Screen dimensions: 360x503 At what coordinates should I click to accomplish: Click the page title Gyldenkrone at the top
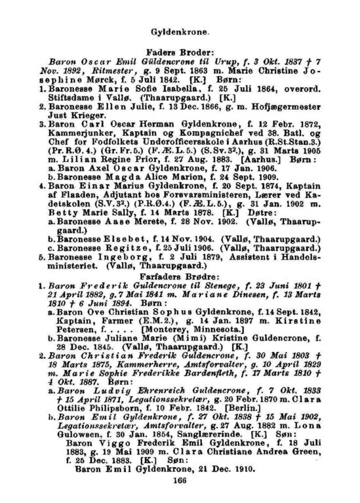click(179, 31)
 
